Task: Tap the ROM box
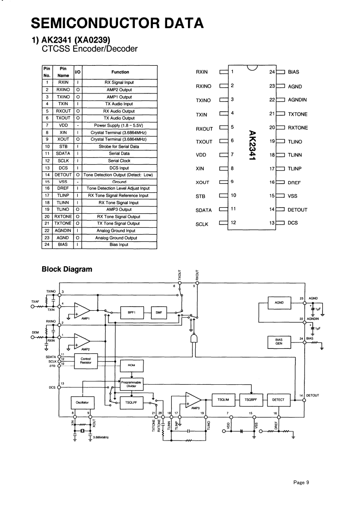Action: (131, 365)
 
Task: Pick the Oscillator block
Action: (82, 402)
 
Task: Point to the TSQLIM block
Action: (223, 399)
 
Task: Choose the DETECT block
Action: (278, 399)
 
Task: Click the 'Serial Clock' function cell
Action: (120, 161)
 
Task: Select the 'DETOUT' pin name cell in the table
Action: (63, 175)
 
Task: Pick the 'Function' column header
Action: (120, 72)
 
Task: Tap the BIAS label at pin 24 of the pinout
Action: (294, 72)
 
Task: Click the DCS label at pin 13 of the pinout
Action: (293, 223)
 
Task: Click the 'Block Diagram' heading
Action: (67, 269)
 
